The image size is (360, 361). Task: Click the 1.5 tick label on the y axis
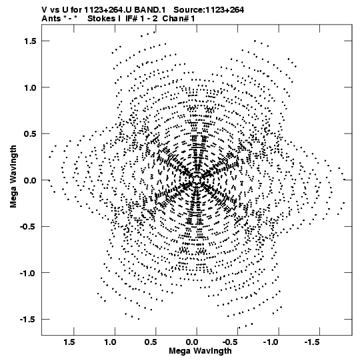point(30,41)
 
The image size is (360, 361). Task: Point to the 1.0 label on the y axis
point(30,87)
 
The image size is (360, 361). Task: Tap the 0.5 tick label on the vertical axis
point(30,133)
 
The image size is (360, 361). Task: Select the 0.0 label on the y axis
point(30,180)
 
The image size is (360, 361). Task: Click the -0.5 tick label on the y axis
point(28,227)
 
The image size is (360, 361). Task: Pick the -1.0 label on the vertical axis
point(28,273)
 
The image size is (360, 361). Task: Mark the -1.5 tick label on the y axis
point(28,320)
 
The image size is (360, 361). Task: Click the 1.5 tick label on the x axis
point(69,342)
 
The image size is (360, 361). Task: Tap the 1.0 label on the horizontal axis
point(110,342)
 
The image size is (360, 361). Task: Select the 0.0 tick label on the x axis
point(192,342)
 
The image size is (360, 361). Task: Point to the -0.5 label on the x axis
point(231,342)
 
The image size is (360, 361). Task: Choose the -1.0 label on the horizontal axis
point(272,342)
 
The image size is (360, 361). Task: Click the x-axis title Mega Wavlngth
point(200,351)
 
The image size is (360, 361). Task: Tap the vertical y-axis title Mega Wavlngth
point(13,177)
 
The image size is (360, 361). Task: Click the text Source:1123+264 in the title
point(209,10)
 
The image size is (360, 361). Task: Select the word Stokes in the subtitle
point(102,19)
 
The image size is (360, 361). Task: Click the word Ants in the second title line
point(51,19)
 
